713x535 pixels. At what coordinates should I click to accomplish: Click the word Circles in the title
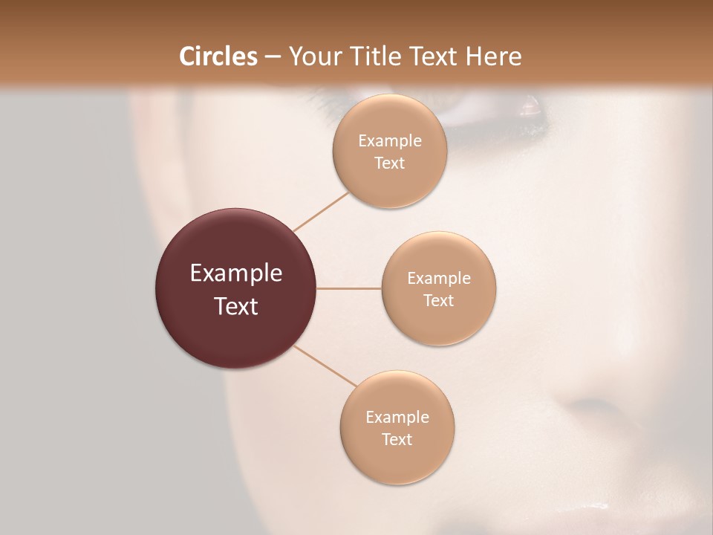click(x=218, y=56)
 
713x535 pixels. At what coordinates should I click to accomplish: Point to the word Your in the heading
click(x=310, y=56)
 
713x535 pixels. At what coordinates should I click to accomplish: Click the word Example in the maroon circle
click(x=236, y=273)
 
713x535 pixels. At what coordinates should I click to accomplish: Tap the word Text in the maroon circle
click(x=236, y=305)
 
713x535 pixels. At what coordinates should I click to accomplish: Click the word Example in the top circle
click(x=389, y=141)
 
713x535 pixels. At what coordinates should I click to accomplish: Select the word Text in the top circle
click(x=389, y=163)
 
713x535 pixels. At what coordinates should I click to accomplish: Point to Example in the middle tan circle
click(x=438, y=279)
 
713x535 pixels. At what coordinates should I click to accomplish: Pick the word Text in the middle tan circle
click(x=438, y=300)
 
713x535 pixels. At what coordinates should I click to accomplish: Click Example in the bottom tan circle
click(x=397, y=418)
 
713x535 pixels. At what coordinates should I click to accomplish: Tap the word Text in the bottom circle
click(x=397, y=439)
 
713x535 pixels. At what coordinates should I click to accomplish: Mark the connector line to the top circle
click(x=322, y=212)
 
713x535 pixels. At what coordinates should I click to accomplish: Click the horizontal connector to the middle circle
click(x=349, y=288)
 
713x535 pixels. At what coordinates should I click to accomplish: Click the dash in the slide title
click(x=272, y=56)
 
